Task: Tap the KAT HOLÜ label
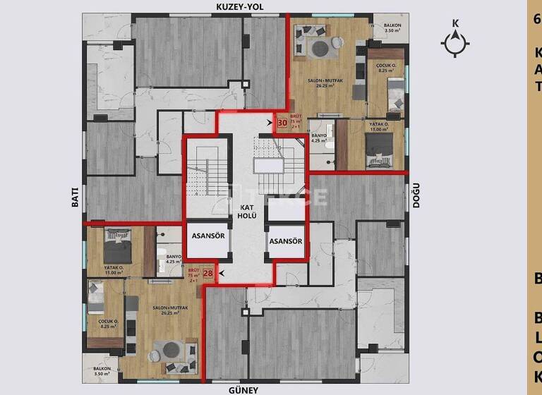(246, 212)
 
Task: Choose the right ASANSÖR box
(286, 241)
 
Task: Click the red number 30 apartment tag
(282, 123)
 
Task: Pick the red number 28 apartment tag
(208, 274)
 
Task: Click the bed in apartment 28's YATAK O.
(117, 245)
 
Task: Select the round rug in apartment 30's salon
(318, 49)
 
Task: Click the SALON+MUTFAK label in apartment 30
(325, 85)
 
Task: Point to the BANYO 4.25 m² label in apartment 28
(173, 259)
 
